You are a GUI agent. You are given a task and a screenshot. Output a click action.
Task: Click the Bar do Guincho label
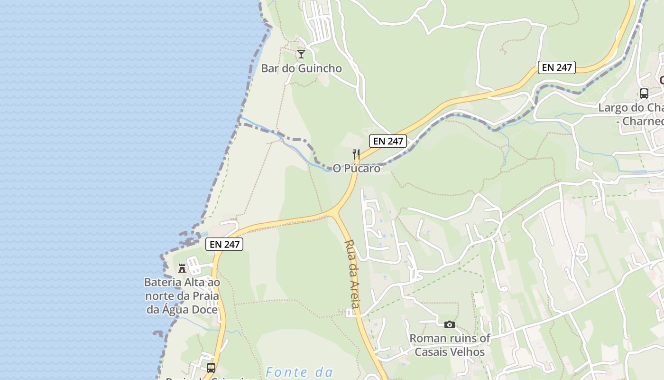pos(301,68)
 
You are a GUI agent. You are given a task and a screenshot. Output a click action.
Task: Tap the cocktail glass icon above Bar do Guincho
pos(301,54)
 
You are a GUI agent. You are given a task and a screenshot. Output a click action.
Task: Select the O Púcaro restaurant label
pos(356,168)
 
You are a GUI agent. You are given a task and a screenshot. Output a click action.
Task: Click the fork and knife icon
pos(356,154)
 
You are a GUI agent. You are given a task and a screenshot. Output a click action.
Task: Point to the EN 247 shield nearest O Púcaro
pos(388,141)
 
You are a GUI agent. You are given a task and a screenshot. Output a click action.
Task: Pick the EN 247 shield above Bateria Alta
pos(224,245)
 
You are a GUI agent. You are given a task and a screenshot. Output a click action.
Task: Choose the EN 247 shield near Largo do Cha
pos(557,67)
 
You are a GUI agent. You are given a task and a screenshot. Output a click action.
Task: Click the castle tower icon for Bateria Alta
pos(182,268)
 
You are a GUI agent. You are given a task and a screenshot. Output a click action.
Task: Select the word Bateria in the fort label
pos(163,283)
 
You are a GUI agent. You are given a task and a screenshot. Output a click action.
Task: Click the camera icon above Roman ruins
pos(450,324)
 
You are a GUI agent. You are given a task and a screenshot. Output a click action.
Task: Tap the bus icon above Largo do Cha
pos(644,94)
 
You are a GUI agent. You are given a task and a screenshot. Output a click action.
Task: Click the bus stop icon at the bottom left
pos(211,368)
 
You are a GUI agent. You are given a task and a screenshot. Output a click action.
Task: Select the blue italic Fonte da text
pos(299,372)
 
